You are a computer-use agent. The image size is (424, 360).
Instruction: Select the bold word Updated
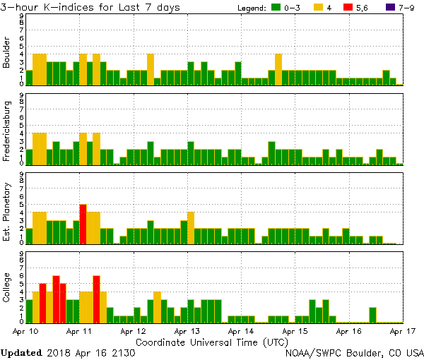click(21, 352)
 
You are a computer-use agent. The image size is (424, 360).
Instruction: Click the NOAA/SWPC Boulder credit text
click(353, 352)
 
